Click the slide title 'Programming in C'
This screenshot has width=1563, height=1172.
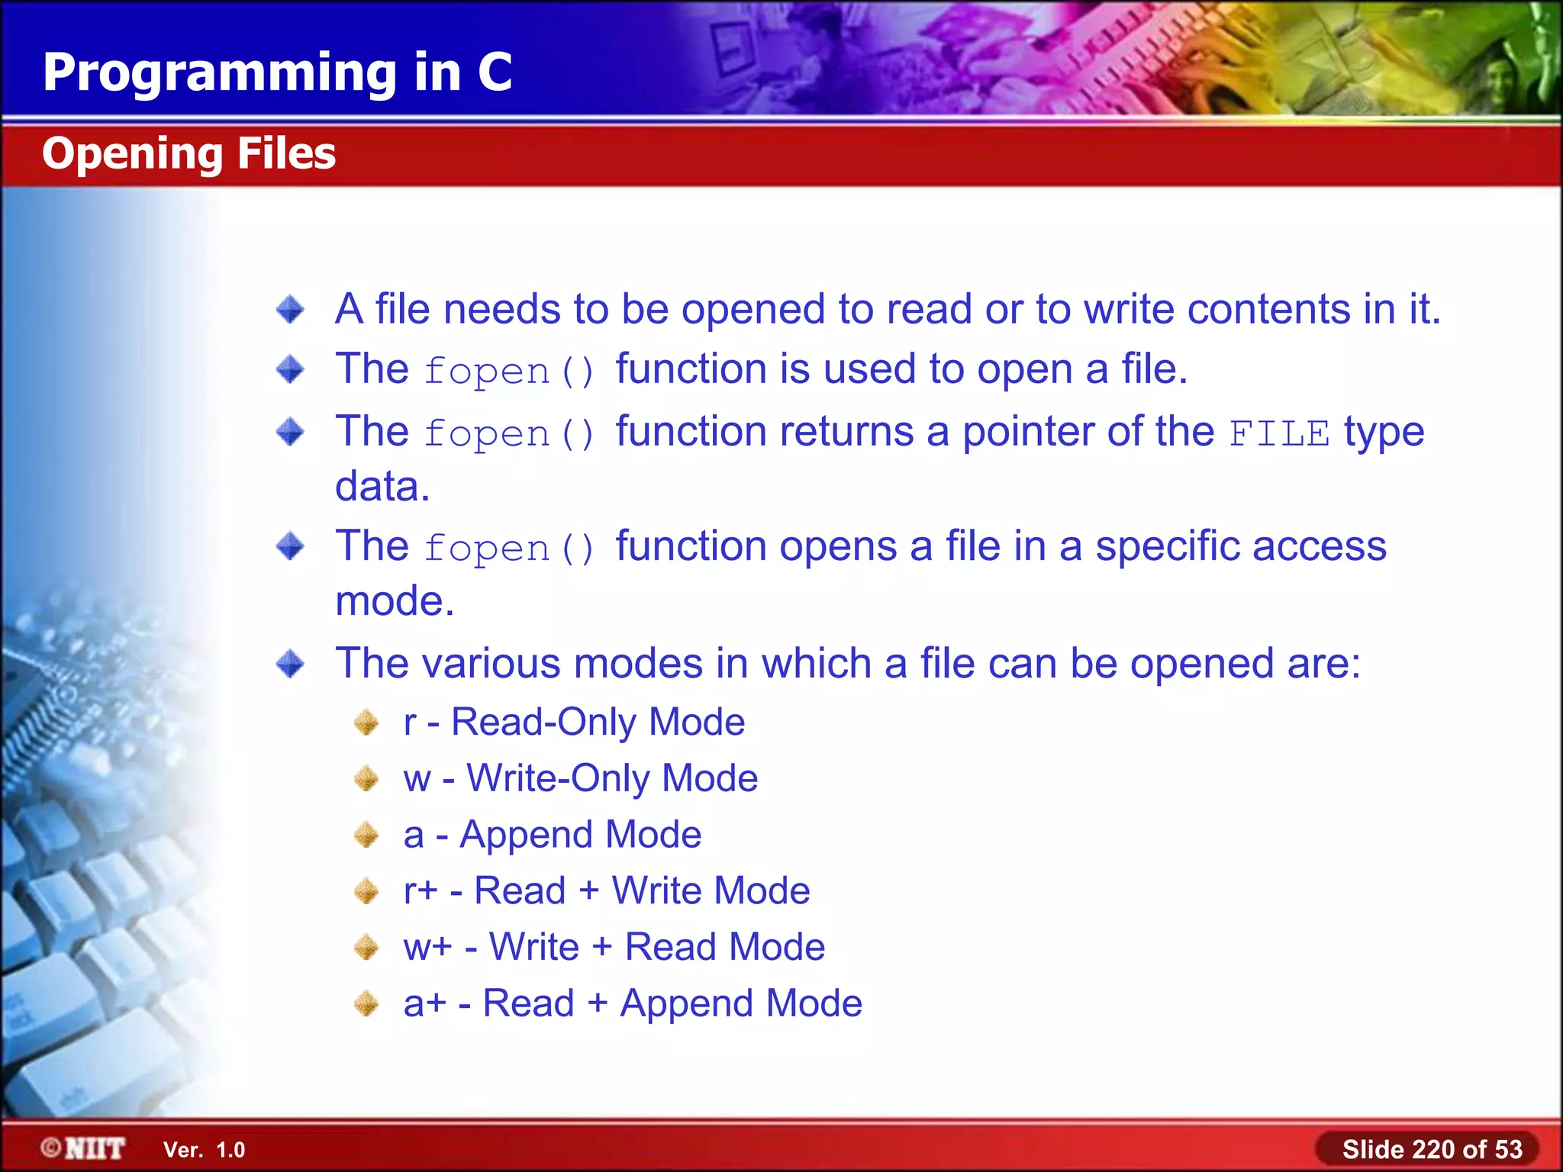point(277,72)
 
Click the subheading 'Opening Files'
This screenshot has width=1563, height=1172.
point(189,153)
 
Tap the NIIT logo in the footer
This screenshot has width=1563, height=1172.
point(83,1148)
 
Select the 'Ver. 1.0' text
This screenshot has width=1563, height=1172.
point(204,1150)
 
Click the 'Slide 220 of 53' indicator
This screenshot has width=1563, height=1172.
point(1432,1149)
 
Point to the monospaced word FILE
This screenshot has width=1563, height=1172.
point(1279,434)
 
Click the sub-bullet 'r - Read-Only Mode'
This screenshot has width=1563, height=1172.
point(574,722)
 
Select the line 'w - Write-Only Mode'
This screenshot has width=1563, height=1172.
point(580,778)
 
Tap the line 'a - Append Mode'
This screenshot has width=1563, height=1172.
point(552,834)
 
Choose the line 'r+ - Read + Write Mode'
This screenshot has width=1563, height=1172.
point(606,890)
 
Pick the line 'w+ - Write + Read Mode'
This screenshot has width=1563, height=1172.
point(614,947)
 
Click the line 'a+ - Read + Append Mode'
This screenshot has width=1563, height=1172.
point(633,1003)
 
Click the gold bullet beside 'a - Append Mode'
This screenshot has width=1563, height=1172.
point(367,835)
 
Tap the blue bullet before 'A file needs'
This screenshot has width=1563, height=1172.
point(290,310)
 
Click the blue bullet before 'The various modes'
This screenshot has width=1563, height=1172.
point(290,663)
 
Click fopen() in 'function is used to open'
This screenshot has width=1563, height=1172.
point(509,372)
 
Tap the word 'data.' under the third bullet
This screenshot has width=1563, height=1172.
point(382,486)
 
